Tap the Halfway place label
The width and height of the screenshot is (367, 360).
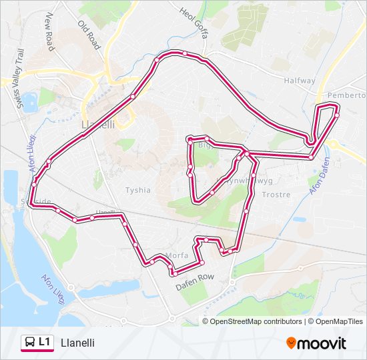[x=299, y=81]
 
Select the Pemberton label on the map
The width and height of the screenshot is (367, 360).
[x=346, y=95]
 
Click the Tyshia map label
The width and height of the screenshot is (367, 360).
[x=138, y=190]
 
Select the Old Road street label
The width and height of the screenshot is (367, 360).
[x=89, y=35]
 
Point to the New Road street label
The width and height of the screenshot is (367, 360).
[x=49, y=34]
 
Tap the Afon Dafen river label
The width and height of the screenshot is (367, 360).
[x=320, y=175]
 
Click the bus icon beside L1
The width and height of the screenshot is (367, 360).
[x=29, y=343]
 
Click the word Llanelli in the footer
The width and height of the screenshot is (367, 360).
[x=77, y=343]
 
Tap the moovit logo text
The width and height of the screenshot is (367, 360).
[x=322, y=343]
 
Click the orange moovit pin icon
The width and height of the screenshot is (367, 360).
[x=291, y=343]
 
